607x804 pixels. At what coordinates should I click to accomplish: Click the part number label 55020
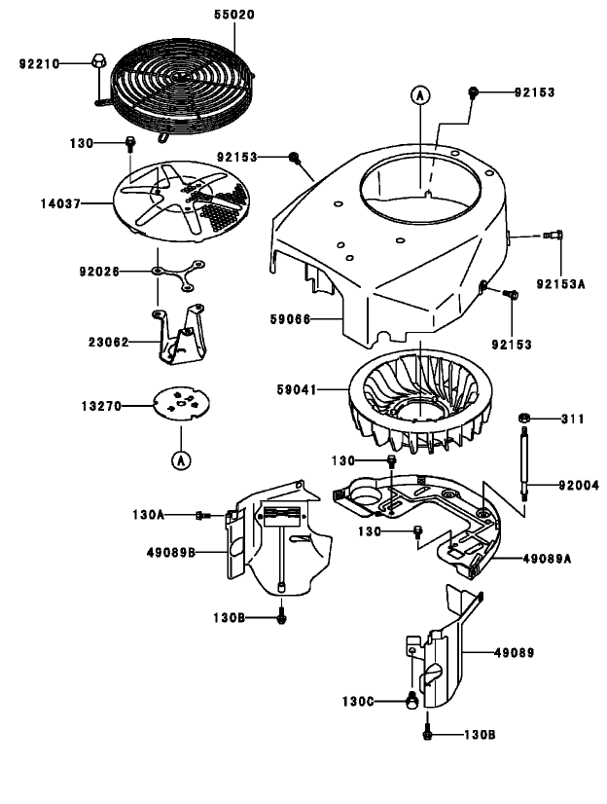(236, 16)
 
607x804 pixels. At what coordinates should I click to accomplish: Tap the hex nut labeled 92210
(97, 61)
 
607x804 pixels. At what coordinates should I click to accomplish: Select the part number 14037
(60, 203)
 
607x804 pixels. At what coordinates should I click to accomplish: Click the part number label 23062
(109, 342)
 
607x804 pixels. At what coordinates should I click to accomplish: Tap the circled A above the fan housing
(419, 94)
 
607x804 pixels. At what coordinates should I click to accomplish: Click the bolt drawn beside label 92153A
(556, 235)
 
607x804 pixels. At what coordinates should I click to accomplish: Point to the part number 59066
(291, 318)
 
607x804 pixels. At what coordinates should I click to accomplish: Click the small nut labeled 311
(523, 419)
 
